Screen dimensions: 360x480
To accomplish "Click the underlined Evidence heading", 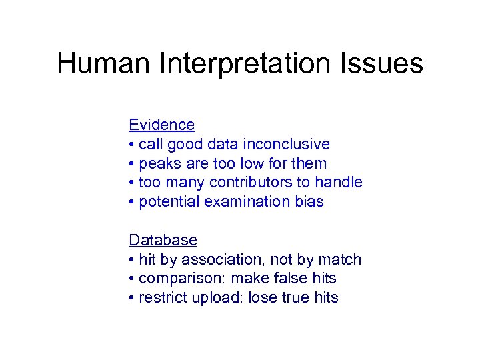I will [161, 125].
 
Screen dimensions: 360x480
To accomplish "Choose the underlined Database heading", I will [163, 240].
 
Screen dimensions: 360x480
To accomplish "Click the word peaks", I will [158, 163].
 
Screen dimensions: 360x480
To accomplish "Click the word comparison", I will [175, 279].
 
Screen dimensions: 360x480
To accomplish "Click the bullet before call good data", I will [132, 145].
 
